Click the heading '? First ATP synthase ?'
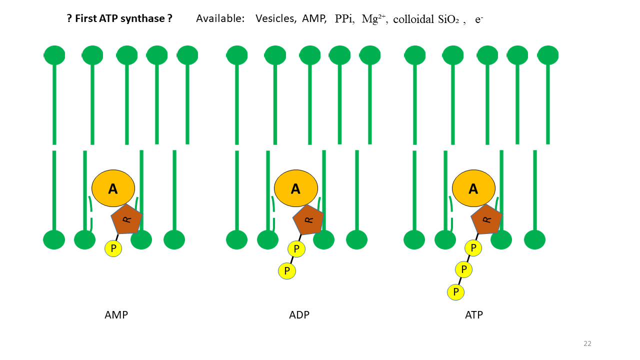coord(119,18)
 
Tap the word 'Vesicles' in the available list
coord(275,18)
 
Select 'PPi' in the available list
coord(344,18)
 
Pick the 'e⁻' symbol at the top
coord(478,19)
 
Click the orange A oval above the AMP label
coord(113,188)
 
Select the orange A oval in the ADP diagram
coord(295,188)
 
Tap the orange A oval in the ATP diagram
coord(473,188)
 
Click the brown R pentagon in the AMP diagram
coord(126,219)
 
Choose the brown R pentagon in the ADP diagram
coord(308,219)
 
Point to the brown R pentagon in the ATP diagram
coord(486,219)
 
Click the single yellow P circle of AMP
coord(113,248)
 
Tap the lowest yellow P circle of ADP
coord(287,271)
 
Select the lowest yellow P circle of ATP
coord(455,291)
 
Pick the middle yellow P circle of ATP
coord(464,269)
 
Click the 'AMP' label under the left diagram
coord(116,315)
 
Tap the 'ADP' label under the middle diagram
coord(299,315)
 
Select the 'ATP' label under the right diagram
coord(474,315)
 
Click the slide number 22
coord(587,343)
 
